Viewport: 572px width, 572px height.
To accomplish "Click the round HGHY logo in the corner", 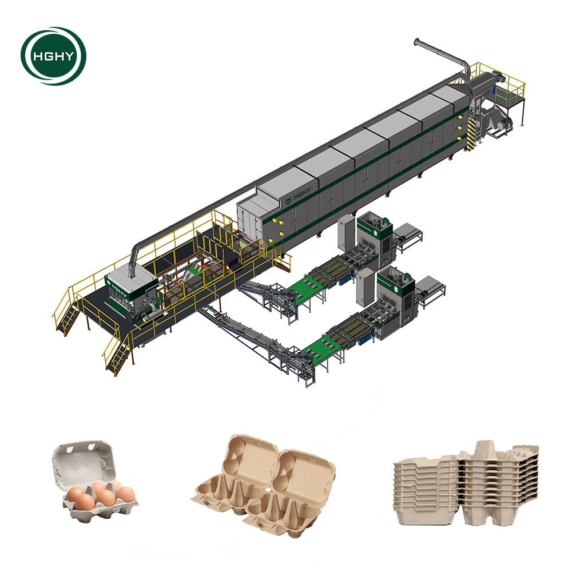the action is click(53, 56).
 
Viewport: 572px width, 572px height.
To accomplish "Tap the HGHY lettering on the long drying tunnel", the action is click(301, 193).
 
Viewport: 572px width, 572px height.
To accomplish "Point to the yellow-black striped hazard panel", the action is click(471, 134).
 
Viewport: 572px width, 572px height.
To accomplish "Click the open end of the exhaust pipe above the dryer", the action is click(416, 41).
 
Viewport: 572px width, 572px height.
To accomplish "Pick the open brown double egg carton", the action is click(263, 486).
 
